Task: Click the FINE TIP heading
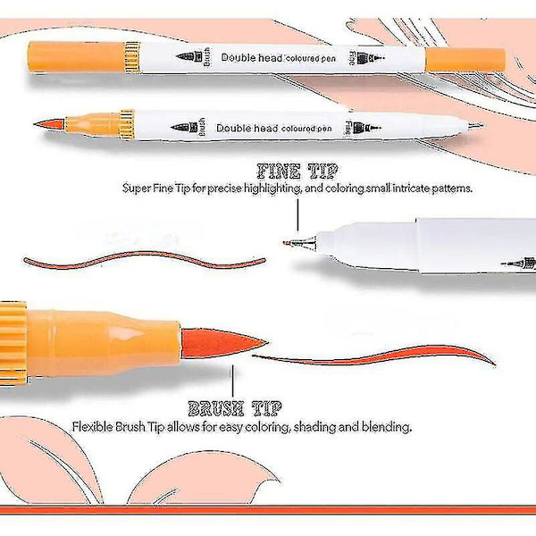[297, 172]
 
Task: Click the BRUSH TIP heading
[235, 408]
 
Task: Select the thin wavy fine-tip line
[144, 260]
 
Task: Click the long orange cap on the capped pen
[76, 57]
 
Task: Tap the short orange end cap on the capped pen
[465, 60]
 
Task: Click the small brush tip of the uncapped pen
[49, 123]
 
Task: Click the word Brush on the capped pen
[206, 57]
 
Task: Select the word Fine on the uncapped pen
[348, 129]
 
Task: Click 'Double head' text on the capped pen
[251, 57]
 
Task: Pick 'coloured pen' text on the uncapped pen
[306, 129]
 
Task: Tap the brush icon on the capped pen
[189, 56]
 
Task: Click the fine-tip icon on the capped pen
[371, 58]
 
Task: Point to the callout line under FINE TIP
[297, 215]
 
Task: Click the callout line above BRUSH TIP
[233, 381]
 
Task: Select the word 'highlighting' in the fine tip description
[272, 188]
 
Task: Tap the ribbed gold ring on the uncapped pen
[127, 125]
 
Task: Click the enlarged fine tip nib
[300, 243]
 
